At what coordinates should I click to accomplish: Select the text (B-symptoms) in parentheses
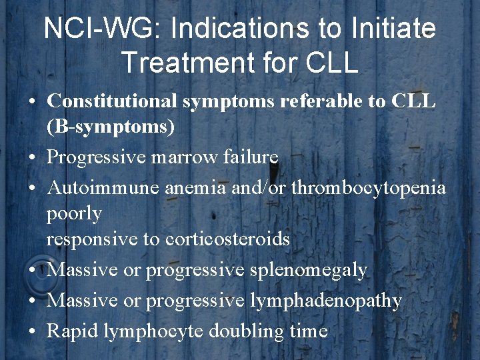tap(111, 126)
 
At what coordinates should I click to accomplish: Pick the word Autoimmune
tap(103, 188)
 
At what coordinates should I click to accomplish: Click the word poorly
tap(74, 214)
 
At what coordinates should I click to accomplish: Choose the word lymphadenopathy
tap(326, 301)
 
